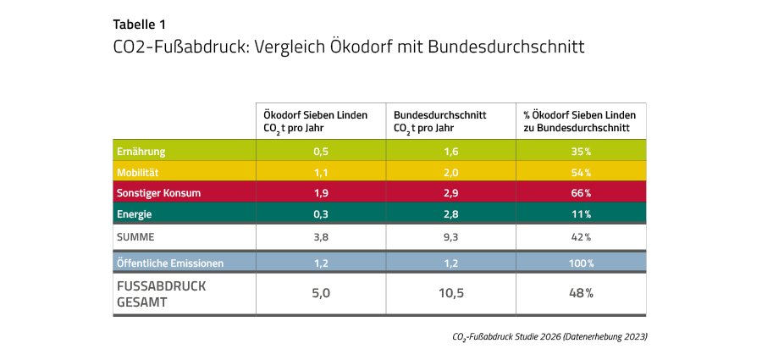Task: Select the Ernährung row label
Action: [x=141, y=152]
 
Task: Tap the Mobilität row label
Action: [x=139, y=172]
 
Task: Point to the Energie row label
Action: [x=135, y=213]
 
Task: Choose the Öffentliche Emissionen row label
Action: [x=169, y=263]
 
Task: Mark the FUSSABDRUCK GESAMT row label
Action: [x=149, y=293]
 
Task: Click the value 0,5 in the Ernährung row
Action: [x=321, y=152]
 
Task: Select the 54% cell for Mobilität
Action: [x=581, y=172]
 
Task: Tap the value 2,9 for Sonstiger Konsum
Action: [x=450, y=193]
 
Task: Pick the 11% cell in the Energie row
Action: [x=581, y=213]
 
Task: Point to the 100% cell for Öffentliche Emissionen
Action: [x=581, y=263]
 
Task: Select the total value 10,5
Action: [x=450, y=293]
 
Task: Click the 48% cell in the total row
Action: [x=581, y=293]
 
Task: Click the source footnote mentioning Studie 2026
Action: [x=550, y=336]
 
